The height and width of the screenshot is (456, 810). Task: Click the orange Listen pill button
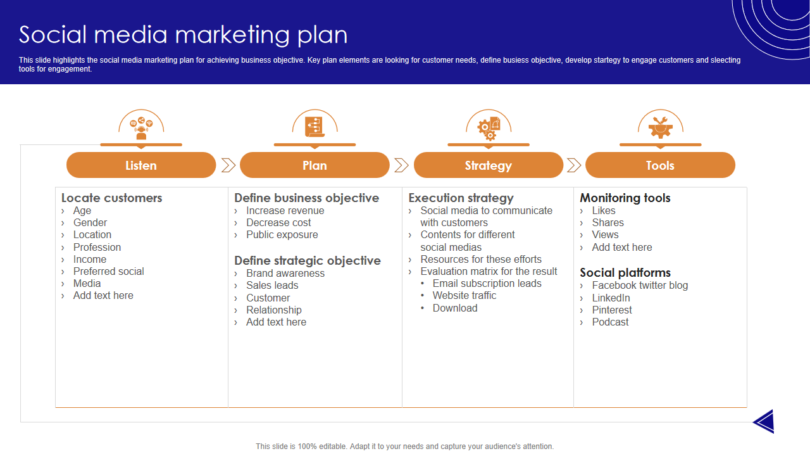141,165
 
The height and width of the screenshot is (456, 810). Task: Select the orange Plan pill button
315,165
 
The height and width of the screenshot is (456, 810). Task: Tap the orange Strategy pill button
488,165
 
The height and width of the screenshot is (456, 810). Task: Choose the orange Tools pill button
660,165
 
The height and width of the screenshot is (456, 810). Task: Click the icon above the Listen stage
141,127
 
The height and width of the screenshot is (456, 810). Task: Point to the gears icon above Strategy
488,127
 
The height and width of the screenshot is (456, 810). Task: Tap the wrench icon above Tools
660,127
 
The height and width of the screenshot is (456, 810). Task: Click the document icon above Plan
314,126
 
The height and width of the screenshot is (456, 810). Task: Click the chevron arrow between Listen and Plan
228,165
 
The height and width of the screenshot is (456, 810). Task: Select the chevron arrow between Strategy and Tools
574,165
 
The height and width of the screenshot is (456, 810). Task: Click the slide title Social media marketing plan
184,35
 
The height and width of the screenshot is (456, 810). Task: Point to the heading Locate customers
111,198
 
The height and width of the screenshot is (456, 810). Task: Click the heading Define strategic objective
308,260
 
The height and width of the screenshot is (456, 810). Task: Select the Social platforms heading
625,272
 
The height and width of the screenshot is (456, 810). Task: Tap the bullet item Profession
97,247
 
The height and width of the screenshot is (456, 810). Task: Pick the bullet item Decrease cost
278,222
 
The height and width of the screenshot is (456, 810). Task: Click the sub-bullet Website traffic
464,295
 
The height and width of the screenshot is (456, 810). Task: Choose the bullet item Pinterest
612,310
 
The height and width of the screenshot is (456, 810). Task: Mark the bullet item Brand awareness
285,273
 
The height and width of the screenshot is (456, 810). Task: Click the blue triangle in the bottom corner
766,421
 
